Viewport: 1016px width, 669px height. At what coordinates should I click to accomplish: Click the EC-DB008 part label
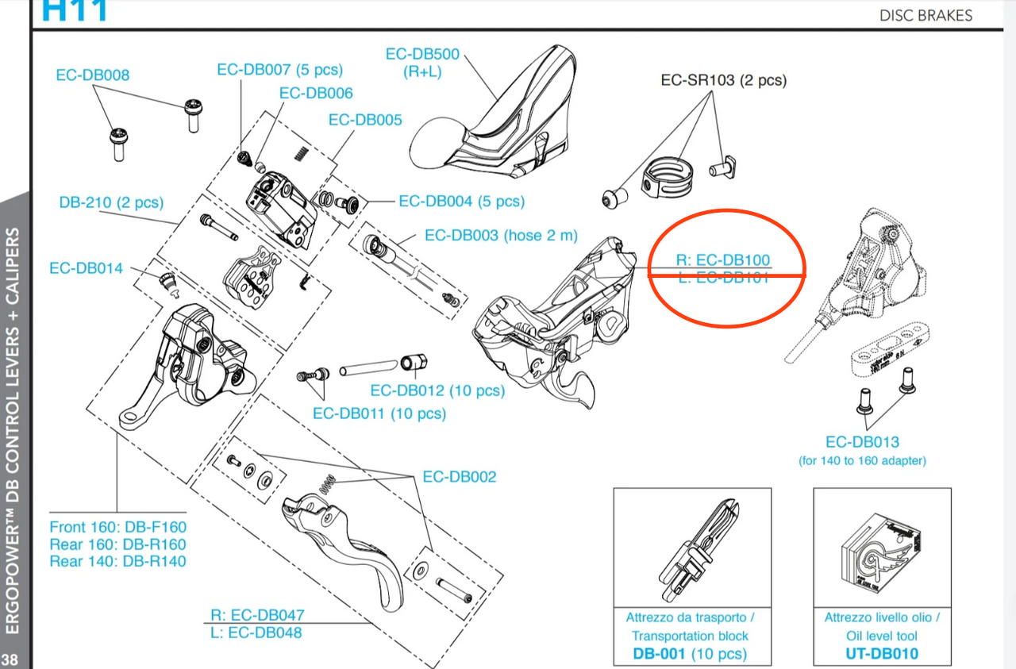point(92,75)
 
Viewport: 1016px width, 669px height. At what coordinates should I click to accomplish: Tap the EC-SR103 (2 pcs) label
point(723,80)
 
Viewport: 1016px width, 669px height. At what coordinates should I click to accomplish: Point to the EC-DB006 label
point(316,94)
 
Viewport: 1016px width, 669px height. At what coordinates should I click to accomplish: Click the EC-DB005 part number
point(365,121)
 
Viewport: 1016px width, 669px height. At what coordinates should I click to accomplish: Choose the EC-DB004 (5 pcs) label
point(461,202)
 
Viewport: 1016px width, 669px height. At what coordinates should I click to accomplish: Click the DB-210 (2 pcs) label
point(110,202)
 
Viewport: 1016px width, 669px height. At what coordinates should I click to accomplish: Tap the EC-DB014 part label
point(86,268)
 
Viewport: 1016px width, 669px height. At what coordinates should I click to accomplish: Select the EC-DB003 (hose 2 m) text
point(501,236)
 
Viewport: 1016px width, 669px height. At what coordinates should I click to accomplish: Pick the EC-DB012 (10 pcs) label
point(437,390)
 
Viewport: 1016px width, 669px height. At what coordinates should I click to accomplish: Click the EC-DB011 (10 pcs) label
point(379,413)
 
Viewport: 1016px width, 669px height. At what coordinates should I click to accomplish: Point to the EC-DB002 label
point(459,477)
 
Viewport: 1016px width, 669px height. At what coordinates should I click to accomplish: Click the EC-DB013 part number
point(862,443)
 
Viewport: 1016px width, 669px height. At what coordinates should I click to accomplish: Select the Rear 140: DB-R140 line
point(117,561)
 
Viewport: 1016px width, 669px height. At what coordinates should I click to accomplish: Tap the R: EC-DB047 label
point(257,615)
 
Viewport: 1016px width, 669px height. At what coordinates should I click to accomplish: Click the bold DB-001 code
point(659,654)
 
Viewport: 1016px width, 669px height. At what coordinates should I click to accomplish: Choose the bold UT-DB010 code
point(882,654)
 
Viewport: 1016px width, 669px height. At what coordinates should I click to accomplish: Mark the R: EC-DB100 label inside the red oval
point(722,260)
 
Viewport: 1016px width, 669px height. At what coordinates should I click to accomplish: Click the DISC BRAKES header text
point(925,15)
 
